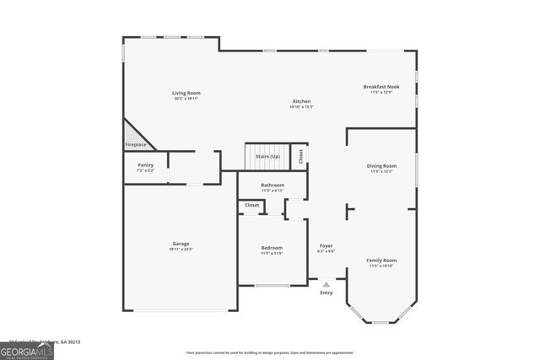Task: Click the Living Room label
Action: pyautogui.click(x=186, y=93)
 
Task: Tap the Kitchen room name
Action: pyautogui.click(x=301, y=102)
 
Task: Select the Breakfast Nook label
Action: pyautogui.click(x=381, y=87)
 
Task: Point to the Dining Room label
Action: pyautogui.click(x=381, y=166)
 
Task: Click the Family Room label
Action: pyautogui.click(x=381, y=261)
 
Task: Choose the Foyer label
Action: pyautogui.click(x=326, y=246)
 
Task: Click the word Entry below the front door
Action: pyautogui.click(x=327, y=293)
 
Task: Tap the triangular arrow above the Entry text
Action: pyautogui.click(x=327, y=285)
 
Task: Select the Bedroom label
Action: pyautogui.click(x=272, y=248)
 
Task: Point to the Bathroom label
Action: pyautogui.click(x=273, y=185)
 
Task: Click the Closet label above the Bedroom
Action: pyautogui.click(x=252, y=205)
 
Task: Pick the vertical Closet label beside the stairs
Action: pyautogui.click(x=300, y=156)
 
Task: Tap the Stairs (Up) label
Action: pyautogui.click(x=268, y=157)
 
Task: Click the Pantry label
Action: pyautogui.click(x=146, y=165)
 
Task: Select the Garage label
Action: pyautogui.click(x=181, y=244)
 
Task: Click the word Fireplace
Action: pyautogui.click(x=136, y=145)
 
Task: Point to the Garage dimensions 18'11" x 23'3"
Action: pyautogui.click(x=181, y=250)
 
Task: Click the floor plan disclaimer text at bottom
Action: pyautogui.click(x=270, y=352)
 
